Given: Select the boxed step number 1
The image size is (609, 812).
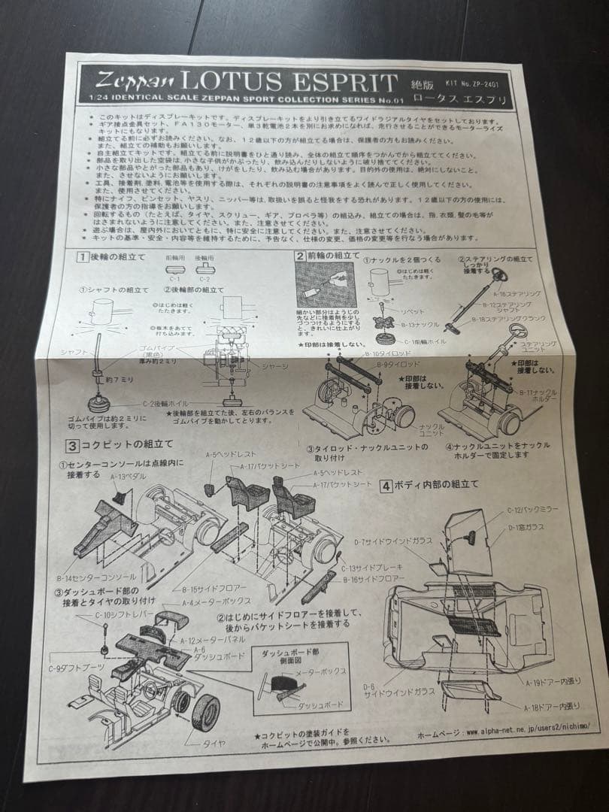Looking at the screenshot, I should [80, 256].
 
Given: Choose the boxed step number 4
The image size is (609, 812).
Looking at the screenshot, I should [385, 486].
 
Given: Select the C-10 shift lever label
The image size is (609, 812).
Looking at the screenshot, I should [122, 615].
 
